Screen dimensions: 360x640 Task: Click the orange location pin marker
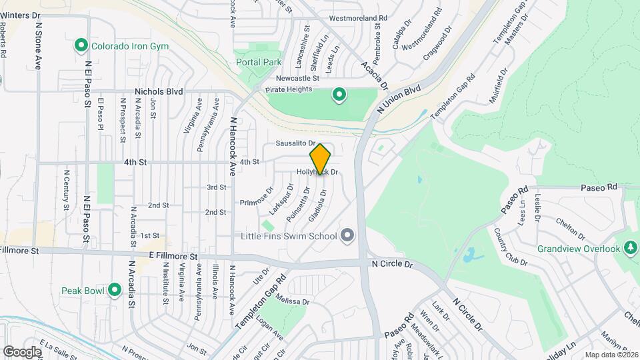click(x=321, y=159)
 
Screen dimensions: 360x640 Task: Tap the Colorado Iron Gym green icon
click(x=81, y=46)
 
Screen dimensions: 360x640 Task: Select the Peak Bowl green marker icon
click(x=115, y=291)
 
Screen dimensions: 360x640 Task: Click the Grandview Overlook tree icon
click(x=629, y=249)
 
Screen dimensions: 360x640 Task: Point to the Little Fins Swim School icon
click(x=347, y=235)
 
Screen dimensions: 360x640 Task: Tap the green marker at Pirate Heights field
click(x=339, y=95)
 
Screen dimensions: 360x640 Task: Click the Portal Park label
click(x=259, y=62)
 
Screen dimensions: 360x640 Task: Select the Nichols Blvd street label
click(x=158, y=92)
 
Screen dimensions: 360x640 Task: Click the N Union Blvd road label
click(x=400, y=98)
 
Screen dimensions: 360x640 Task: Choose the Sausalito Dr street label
click(x=295, y=143)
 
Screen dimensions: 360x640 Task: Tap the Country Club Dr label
click(x=511, y=247)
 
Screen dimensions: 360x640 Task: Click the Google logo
click(x=22, y=351)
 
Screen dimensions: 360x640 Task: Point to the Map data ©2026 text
click(x=609, y=354)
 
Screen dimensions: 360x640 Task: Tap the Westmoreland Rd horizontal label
click(x=359, y=18)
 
